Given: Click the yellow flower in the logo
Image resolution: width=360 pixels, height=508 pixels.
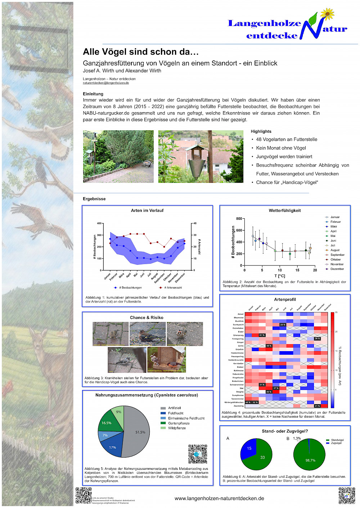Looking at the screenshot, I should point(327,14).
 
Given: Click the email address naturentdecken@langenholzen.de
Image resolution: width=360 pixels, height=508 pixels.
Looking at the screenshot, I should point(106,83).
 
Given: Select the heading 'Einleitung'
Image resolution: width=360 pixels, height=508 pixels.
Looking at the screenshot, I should point(93,94).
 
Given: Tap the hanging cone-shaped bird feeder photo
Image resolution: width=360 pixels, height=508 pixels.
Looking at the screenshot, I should point(201,157).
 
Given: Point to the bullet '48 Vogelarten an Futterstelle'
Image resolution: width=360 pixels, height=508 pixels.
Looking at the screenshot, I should point(287,139).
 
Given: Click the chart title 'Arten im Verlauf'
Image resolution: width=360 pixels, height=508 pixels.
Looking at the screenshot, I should point(147,210).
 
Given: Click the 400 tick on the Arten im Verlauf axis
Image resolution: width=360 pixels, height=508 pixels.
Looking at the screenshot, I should point(99,223).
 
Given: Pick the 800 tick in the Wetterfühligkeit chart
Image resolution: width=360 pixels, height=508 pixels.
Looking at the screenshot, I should point(239,219).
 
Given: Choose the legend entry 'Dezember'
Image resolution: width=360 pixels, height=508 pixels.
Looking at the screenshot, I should point(337,269).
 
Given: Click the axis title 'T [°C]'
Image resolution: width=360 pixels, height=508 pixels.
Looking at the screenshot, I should point(280,276).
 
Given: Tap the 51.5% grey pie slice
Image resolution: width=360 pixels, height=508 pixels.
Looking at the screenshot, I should point(139,432).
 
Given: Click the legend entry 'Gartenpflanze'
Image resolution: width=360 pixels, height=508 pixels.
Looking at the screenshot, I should point(179,423).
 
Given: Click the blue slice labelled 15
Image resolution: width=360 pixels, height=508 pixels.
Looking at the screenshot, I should point(248,449).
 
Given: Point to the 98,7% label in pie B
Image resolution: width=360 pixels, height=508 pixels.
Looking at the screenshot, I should point(310,460).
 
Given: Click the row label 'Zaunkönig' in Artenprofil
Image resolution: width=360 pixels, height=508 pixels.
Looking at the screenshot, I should point(239,406).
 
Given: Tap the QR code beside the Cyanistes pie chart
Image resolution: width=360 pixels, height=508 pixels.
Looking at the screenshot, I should point(198,454).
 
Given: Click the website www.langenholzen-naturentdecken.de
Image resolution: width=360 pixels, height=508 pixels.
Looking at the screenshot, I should point(219,498).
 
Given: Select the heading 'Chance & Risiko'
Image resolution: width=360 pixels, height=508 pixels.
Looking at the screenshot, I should point(147,318).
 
